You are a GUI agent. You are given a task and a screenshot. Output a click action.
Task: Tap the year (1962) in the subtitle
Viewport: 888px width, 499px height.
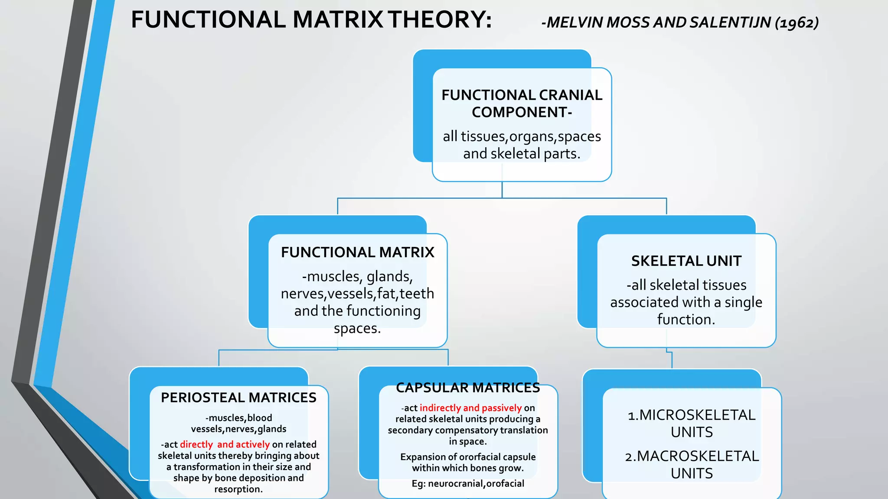[797, 23]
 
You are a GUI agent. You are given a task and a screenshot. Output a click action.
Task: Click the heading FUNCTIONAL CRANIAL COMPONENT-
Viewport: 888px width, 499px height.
[522, 104]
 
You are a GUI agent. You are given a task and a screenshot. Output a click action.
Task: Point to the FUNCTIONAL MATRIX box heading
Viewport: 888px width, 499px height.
[357, 252]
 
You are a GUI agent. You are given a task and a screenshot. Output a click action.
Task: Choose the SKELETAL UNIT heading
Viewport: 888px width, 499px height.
[686, 261]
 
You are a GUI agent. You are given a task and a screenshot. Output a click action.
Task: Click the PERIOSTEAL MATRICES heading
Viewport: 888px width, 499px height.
[238, 398]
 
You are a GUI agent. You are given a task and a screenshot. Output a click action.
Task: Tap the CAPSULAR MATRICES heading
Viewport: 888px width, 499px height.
[468, 388]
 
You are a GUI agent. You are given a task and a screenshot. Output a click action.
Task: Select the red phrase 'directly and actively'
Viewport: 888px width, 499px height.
[225, 444]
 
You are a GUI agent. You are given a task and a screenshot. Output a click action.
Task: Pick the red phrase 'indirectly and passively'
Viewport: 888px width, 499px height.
[470, 408]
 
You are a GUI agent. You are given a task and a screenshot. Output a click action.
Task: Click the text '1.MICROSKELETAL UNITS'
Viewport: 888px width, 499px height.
[692, 423]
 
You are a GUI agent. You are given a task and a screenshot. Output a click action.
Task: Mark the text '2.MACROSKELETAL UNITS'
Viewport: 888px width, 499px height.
[692, 464]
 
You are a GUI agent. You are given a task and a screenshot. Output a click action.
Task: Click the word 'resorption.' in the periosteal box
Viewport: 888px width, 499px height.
[238, 489]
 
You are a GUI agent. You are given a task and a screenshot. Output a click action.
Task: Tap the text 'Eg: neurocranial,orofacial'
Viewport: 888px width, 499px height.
[468, 483]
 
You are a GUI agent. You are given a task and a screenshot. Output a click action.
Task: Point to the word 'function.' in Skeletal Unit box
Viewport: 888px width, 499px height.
[686, 319]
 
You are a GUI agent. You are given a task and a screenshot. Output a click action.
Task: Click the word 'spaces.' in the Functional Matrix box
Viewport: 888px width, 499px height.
[357, 328]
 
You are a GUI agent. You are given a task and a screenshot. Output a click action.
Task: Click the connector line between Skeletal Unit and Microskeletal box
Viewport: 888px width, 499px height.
[672, 360]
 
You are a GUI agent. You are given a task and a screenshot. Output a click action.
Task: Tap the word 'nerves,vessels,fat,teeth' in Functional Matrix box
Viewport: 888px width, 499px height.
[357, 294]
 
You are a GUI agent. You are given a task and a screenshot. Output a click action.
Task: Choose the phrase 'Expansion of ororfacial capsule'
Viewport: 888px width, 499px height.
[468, 457]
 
